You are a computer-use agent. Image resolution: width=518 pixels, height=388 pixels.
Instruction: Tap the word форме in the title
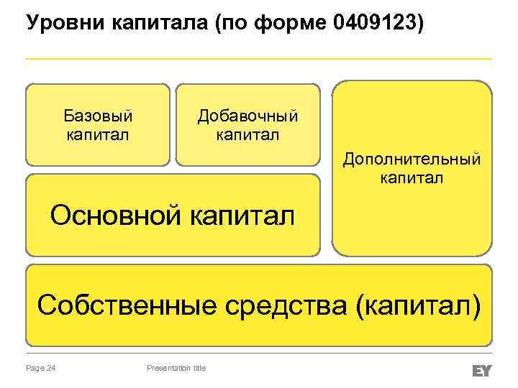click(x=294, y=24)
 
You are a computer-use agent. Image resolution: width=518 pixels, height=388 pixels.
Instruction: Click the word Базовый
click(x=98, y=115)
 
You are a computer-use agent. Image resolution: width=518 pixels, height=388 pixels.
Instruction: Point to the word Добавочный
click(x=247, y=116)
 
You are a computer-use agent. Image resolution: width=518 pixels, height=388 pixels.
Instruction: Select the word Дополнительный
click(x=412, y=159)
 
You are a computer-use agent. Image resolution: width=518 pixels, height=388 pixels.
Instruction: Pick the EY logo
click(x=481, y=369)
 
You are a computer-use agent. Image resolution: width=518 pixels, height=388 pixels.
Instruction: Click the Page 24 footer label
click(x=41, y=369)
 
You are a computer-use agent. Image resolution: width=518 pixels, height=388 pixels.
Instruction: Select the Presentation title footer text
click(x=176, y=369)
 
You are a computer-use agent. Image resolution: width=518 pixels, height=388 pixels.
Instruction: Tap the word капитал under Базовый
click(x=98, y=134)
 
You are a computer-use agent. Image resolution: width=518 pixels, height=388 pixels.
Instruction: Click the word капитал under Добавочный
click(x=247, y=134)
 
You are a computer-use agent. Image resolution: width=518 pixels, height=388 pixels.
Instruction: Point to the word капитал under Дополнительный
click(x=412, y=177)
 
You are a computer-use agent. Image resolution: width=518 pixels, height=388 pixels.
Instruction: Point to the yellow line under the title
click(x=259, y=58)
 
